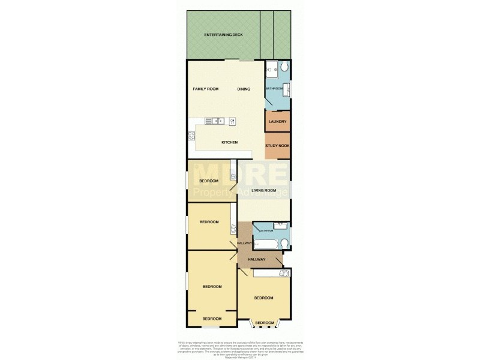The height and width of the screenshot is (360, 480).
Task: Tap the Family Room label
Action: [205, 89]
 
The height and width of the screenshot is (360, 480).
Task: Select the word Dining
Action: [244, 89]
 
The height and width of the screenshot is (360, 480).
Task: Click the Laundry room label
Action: [277, 122]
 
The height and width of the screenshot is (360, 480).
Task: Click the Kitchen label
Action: [230, 142]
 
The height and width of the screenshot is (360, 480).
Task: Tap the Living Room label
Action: [264, 190]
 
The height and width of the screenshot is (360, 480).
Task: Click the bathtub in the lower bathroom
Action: [266, 243]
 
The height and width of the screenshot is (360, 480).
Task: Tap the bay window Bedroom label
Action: [264, 323]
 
